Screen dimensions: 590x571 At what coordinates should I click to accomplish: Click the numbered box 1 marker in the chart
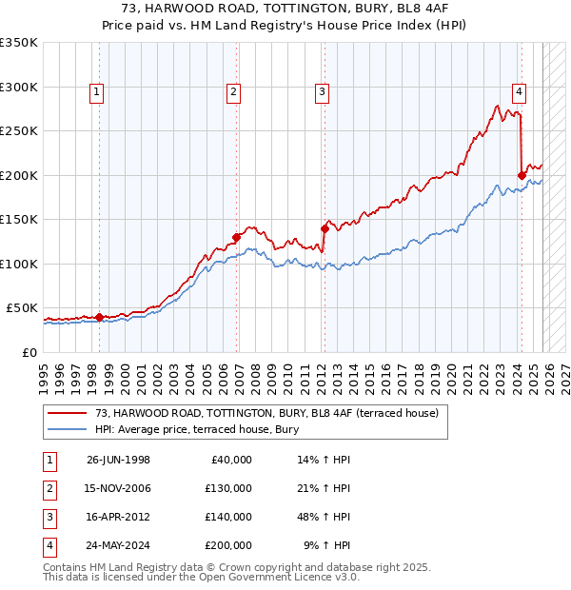click(98, 92)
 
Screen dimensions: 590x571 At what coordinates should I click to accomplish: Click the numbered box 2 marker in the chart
click(233, 92)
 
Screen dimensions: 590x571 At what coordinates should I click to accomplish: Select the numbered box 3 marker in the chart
click(323, 92)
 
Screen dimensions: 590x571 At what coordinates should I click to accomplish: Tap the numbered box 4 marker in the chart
click(519, 92)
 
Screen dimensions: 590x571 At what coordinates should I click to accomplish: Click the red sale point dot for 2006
click(237, 237)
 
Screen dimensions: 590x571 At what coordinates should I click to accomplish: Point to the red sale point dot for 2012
click(325, 228)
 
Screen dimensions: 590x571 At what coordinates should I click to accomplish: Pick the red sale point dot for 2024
click(522, 175)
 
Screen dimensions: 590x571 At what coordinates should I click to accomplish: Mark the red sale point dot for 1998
click(100, 317)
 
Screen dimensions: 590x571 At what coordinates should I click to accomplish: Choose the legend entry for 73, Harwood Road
click(266, 413)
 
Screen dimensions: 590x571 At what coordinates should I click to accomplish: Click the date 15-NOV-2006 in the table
click(118, 488)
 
